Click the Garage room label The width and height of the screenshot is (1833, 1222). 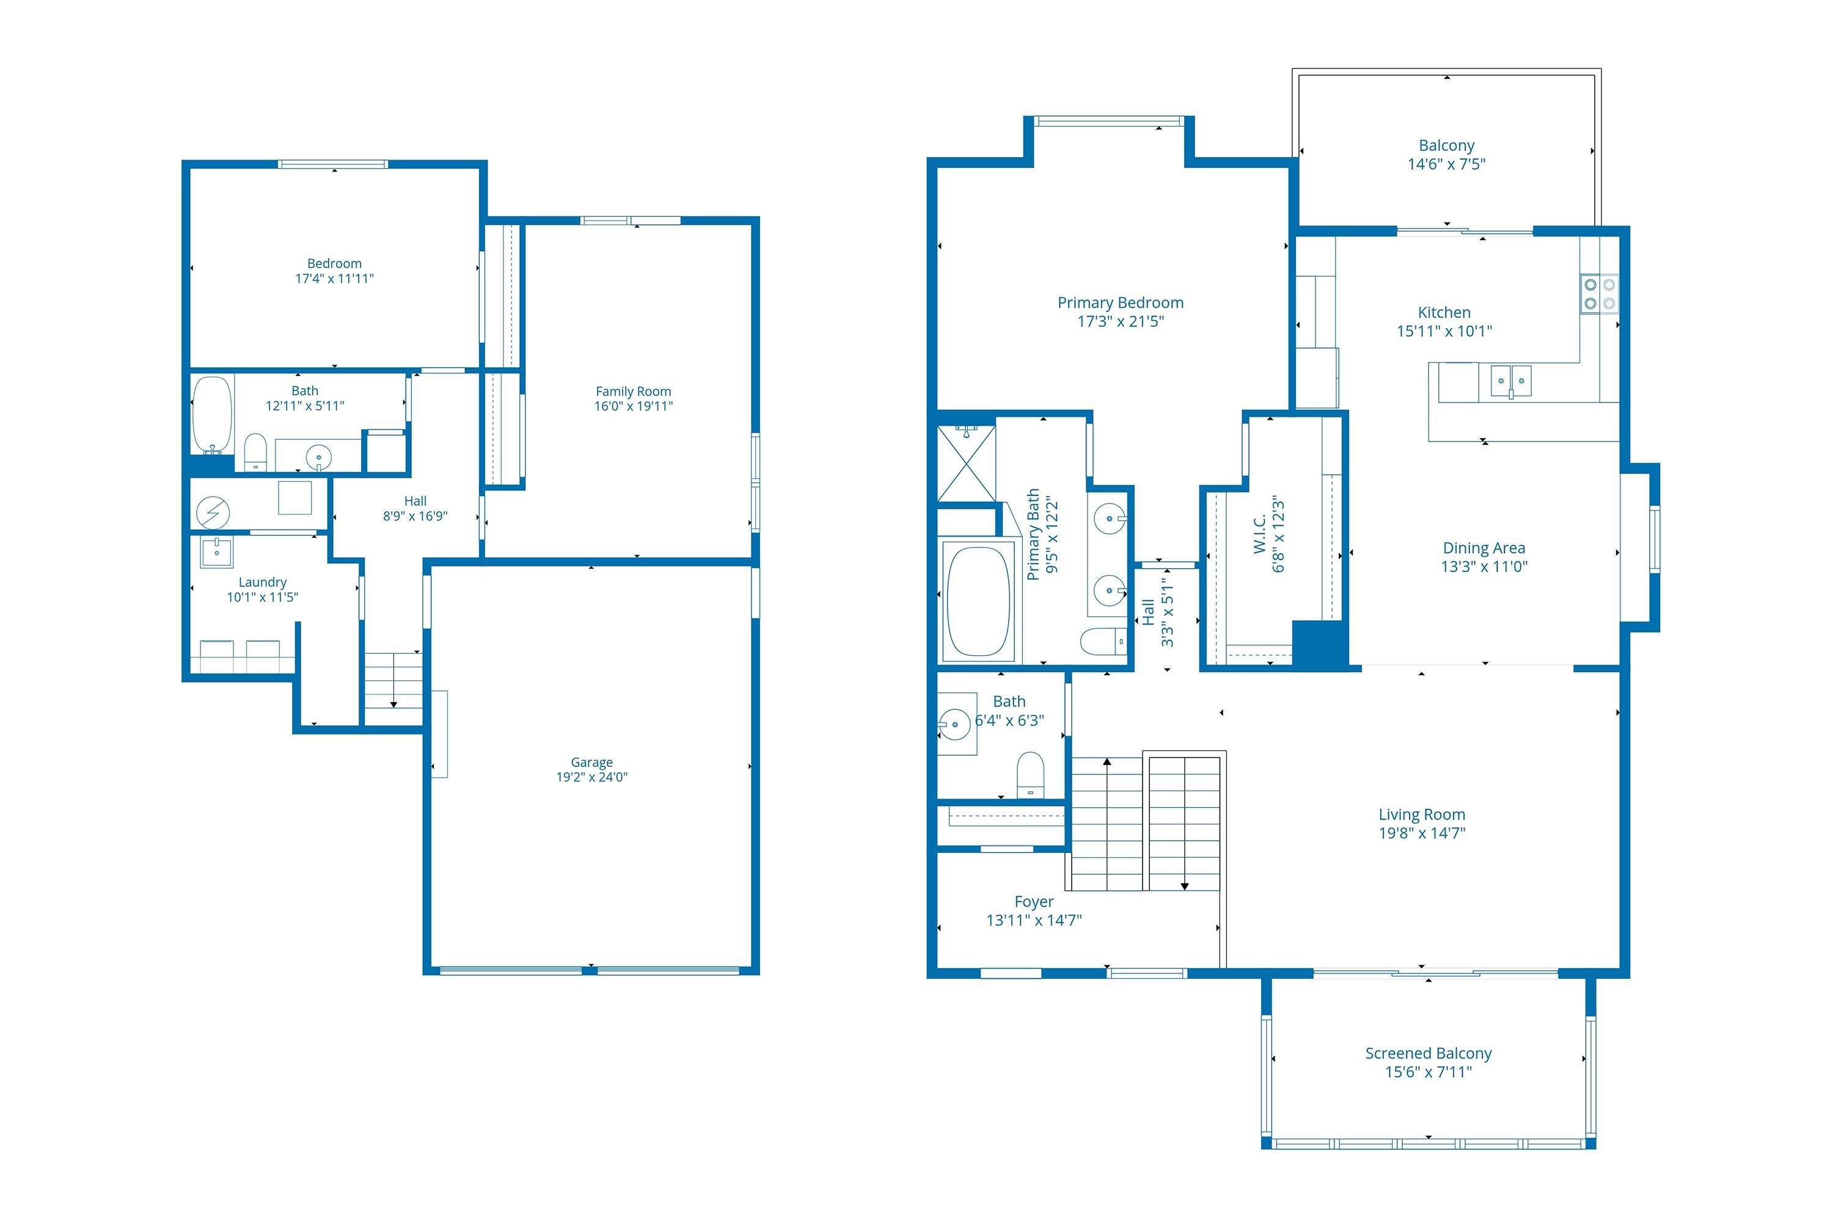click(591, 762)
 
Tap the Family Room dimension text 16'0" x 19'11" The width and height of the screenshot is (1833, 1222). click(634, 406)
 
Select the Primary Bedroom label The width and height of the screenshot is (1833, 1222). click(1120, 303)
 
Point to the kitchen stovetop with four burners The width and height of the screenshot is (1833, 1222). click(1599, 294)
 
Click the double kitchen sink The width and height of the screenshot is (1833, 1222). click(1511, 382)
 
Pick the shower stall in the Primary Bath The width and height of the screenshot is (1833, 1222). click(967, 464)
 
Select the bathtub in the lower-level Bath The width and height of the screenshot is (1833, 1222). click(213, 415)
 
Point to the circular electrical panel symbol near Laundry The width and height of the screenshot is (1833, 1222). click(213, 513)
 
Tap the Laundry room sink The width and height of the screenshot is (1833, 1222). click(217, 552)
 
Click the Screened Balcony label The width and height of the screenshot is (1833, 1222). click(1429, 1053)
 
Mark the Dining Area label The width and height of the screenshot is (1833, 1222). click(1484, 548)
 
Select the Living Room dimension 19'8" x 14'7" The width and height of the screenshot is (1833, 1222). click(1422, 833)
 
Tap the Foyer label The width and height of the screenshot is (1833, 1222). click(1034, 902)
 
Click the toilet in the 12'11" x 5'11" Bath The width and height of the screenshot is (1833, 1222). click(255, 453)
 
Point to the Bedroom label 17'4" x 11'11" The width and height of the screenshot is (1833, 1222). click(334, 271)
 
